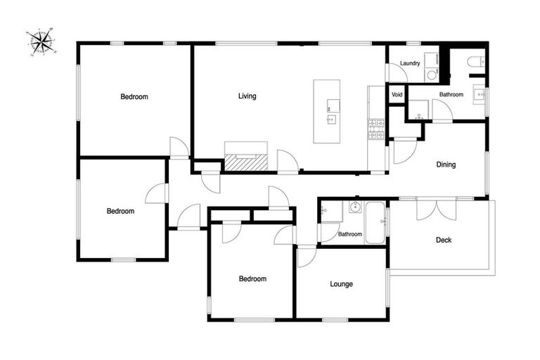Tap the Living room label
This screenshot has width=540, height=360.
point(247,96)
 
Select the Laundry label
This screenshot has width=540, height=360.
point(410,63)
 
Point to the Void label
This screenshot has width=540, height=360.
point(397,94)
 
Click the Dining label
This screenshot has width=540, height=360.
point(446,165)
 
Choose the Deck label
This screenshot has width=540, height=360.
point(443,240)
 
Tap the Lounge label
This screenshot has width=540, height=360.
point(341,284)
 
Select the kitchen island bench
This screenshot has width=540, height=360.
point(327,111)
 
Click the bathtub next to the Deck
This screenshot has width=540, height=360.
point(375,223)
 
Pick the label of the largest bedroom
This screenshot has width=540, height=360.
point(134,96)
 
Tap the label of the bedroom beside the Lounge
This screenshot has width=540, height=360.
point(252,278)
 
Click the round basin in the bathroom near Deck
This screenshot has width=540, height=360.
point(355,207)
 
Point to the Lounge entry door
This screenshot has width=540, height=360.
point(306,255)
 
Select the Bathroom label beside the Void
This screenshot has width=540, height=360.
point(451,94)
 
